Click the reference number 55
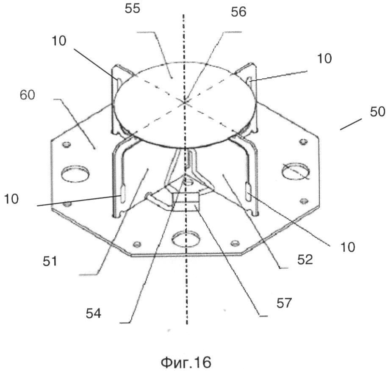133,8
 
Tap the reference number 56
238,12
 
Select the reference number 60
27,95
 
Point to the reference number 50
377,112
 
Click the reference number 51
50,261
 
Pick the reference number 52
305,260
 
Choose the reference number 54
94,313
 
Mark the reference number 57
284,303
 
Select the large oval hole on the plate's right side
296,171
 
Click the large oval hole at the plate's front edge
186,239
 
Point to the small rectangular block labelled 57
186,202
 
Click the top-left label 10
59,41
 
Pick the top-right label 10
324,59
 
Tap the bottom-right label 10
348,247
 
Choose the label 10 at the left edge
11,199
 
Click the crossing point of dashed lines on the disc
184,102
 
